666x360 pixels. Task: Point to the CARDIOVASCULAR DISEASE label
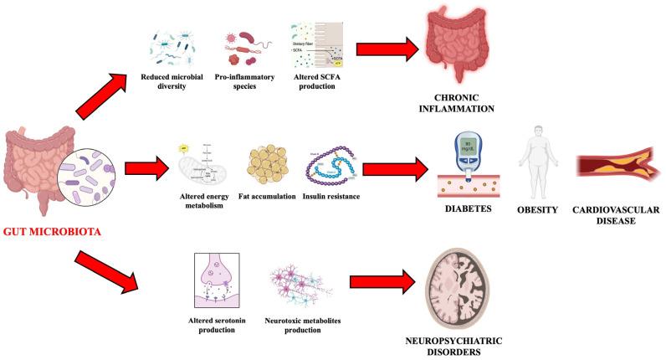[614, 215]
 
